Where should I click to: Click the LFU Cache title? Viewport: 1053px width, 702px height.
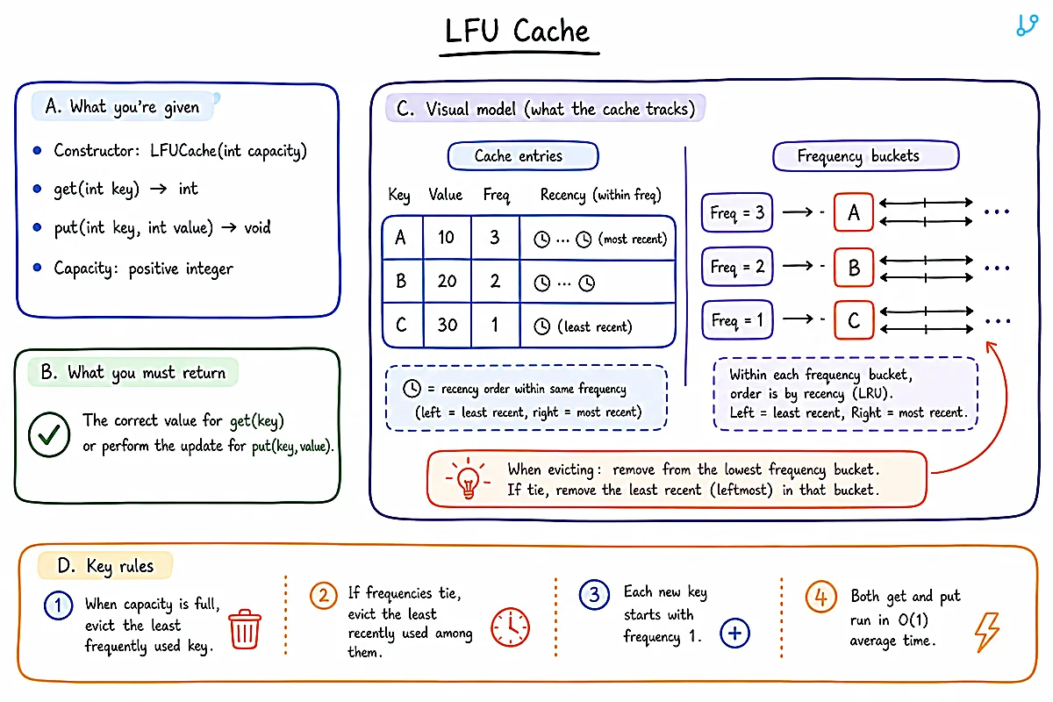click(x=517, y=31)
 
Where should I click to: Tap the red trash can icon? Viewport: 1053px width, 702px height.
click(x=245, y=629)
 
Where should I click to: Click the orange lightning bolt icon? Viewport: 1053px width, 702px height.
click(x=987, y=632)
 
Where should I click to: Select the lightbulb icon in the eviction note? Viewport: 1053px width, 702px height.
click(x=469, y=478)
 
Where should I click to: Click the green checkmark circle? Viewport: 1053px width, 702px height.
click(x=49, y=434)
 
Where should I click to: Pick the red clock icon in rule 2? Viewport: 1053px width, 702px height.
click(x=510, y=627)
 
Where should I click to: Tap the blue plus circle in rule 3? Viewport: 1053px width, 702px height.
click(x=734, y=633)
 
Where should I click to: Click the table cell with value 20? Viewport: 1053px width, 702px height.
click(x=447, y=281)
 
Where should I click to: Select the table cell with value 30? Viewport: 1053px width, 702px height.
click(x=447, y=325)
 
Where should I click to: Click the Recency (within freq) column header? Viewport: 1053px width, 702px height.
click(x=600, y=195)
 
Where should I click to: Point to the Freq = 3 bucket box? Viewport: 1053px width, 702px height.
click(x=736, y=212)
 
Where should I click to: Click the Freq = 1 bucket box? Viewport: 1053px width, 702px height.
click(x=737, y=319)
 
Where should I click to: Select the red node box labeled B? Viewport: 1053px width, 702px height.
click(x=854, y=267)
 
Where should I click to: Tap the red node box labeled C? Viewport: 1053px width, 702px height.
click(x=854, y=320)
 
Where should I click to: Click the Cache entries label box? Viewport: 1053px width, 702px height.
click(x=523, y=155)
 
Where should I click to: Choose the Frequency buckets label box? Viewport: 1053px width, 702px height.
click(x=865, y=155)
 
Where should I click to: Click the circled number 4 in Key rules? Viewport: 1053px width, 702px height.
click(x=820, y=597)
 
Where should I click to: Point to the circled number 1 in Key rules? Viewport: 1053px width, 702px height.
click(x=58, y=605)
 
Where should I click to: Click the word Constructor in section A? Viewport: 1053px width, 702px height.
click(x=97, y=150)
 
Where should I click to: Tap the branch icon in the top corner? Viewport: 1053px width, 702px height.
click(x=1027, y=25)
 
